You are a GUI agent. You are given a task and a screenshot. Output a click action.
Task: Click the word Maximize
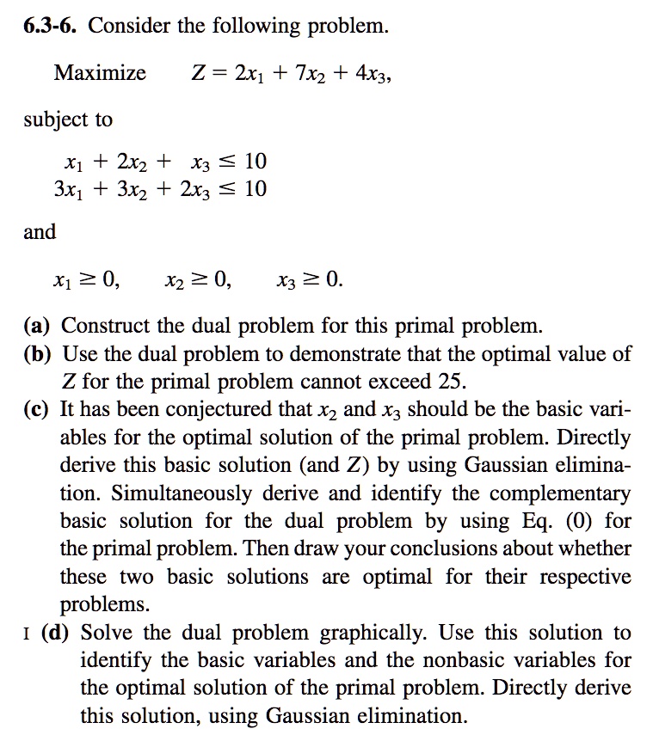[x=100, y=73]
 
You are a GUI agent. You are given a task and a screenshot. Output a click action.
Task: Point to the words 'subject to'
[x=68, y=120]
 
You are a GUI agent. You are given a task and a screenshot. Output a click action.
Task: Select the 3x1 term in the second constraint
[x=70, y=189]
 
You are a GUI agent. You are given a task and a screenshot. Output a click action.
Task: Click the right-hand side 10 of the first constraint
[x=256, y=162]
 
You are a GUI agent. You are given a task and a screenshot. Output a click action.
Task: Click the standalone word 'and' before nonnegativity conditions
[x=40, y=232]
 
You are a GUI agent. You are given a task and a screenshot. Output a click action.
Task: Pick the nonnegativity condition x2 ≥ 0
[x=197, y=279]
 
